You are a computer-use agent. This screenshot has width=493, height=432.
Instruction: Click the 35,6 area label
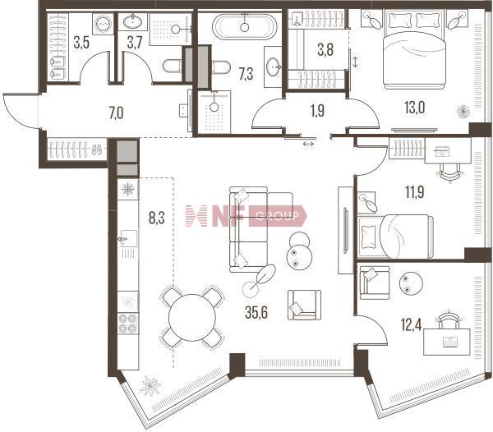[x=256, y=312]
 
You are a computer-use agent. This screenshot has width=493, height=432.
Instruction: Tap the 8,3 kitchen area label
[x=157, y=218]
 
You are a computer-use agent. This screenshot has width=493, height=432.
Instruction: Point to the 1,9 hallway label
[x=317, y=111]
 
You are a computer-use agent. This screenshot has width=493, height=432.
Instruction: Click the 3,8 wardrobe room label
[x=325, y=50]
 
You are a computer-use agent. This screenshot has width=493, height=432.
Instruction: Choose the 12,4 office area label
[x=412, y=324]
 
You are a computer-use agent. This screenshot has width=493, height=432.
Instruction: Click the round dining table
[x=192, y=317]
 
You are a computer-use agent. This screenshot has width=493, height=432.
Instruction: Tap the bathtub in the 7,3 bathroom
[x=245, y=27]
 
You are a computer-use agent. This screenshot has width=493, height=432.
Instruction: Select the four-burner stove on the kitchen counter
[x=128, y=324]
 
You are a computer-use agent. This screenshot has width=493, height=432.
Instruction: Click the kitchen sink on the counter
[x=128, y=239]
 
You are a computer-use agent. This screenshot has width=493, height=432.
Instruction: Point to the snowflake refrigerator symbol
[x=128, y=190]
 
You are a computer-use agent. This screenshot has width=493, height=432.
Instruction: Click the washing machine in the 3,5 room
[x=104, y=25]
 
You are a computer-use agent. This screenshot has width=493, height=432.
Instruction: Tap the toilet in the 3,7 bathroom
[x=172, y=67]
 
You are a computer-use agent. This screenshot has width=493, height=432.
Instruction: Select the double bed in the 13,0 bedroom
[x=414, y=49]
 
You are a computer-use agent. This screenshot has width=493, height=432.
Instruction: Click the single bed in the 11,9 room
[x=395, y=237]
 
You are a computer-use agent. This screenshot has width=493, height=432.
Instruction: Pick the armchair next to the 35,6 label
[x=304, y=305]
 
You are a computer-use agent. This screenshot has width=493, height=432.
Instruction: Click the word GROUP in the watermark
[x=277, y=216]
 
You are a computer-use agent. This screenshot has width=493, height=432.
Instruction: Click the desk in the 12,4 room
[x=447, y=342]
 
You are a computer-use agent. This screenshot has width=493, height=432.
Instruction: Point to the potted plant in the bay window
[x=150, y=385]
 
